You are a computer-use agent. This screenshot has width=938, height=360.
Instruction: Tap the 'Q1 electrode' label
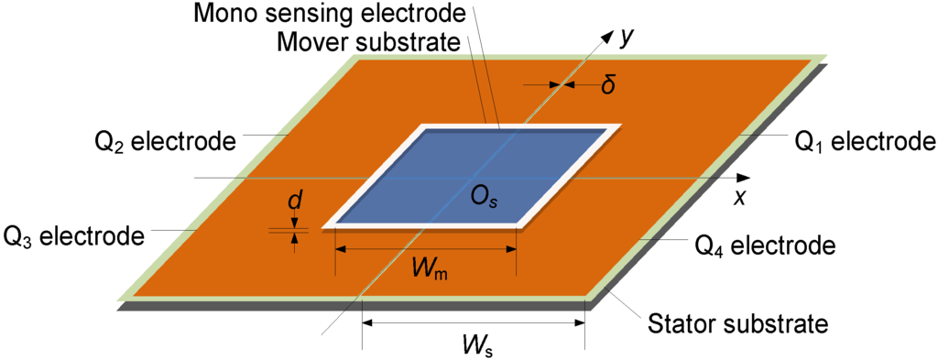[864, 141]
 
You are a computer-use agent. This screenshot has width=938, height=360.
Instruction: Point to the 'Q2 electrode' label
[166, 141]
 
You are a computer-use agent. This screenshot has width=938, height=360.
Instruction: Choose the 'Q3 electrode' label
[74, 235]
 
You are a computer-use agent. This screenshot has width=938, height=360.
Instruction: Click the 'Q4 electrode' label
[765, 245]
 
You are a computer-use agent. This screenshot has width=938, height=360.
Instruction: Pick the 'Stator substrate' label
[737, 322]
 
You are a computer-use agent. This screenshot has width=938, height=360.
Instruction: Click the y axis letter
[627, 36]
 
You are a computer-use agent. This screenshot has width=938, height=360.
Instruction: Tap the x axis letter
[738, 196]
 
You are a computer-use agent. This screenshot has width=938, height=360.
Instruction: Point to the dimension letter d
[294, 200]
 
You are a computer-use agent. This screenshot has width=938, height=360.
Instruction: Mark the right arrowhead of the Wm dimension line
[513, 248]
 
